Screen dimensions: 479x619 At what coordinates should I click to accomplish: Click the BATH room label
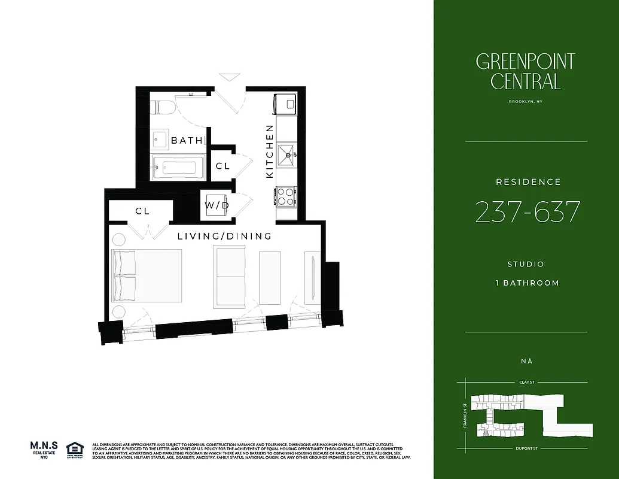tap(187, 141)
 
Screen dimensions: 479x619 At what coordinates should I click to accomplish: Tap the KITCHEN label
tap(270, 151)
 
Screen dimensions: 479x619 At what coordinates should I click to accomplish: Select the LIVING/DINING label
tap(224, 237)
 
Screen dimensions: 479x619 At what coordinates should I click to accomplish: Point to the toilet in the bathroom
tap(164, 107)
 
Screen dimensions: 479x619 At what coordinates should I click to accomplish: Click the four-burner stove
tap(286, 196)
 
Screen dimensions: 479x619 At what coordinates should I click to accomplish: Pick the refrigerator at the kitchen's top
tap(285, 104)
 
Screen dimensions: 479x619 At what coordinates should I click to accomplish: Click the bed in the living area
tap(147, 275)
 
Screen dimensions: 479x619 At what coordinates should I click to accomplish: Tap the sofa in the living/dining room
tap(230, 277)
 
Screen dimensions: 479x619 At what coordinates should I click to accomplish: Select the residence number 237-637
tap(527, 212)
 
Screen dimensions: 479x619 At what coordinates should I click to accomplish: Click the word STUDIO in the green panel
tap(526, 264)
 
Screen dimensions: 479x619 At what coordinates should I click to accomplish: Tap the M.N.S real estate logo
tap(44, 450)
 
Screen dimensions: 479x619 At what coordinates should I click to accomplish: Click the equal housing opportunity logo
tap(75, 449)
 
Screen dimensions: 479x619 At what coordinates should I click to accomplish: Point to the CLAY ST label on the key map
tap(526, 381)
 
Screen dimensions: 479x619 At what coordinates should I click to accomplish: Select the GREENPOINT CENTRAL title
tap(525, 71)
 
